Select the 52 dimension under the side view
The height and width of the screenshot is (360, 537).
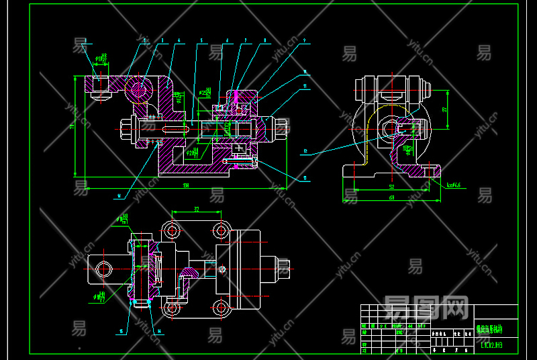tap(391, 185)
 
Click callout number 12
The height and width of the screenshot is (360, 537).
tap(305, 152)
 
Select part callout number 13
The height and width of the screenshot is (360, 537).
tap(305, 179)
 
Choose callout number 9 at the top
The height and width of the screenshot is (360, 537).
tap(305, 41)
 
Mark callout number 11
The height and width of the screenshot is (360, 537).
tap(305, 86)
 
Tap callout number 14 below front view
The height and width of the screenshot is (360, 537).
tap(119, 196)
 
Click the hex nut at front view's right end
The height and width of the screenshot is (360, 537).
tap(282, 126)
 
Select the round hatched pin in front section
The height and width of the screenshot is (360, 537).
tap(139, 89)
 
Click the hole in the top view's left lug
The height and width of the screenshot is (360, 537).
tap(103, 269)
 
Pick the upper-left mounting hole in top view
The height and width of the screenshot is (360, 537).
tap(173, 230)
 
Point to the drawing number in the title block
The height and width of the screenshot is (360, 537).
tap(491, 346)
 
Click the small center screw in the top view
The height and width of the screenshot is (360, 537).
tap(222, 270)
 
